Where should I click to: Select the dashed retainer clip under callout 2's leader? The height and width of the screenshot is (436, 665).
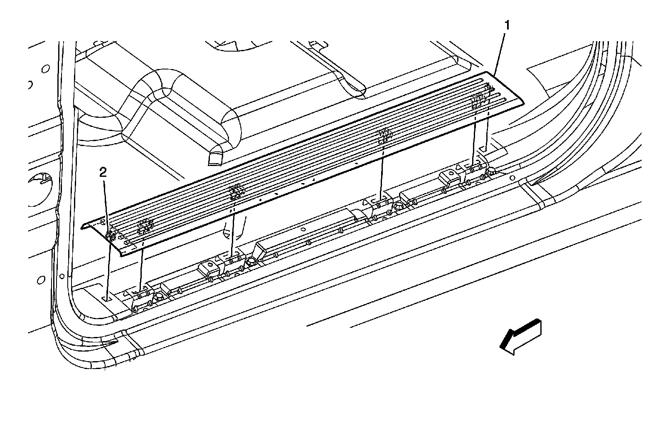pos(111,236)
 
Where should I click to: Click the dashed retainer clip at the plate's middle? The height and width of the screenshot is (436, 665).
pos(237,191)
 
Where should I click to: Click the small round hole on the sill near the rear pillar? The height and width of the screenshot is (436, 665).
pos(512,177)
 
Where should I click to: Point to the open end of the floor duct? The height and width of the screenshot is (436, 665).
pos(215,158)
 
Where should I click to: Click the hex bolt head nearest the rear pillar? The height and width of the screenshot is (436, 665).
pos(490,171)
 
